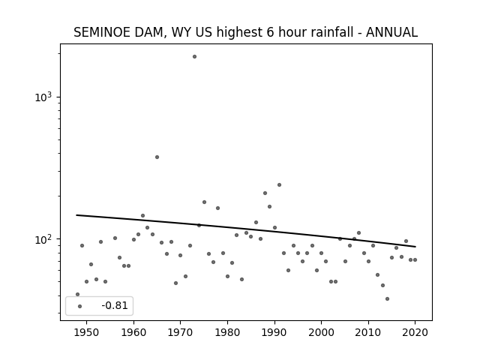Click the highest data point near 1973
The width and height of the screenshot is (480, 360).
point(194,57)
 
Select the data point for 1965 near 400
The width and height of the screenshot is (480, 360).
point(157,157)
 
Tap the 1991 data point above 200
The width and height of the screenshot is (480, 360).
point(279,185)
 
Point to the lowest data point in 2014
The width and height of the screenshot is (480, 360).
point(387,298)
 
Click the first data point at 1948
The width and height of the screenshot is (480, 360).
point(77,294)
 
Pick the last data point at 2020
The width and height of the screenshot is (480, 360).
point(415,260)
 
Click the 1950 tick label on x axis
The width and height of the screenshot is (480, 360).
point(87,332)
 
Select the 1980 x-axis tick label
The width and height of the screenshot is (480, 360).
point(227,332)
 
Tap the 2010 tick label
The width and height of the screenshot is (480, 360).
point(368,332)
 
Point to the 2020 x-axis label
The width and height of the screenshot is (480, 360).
point(415,332)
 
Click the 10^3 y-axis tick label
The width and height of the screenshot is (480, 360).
point(43,97)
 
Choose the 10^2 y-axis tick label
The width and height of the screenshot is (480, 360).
point(43,239)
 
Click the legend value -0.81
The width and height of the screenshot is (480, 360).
point(115,305)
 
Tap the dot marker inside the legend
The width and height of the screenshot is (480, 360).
point(80,306)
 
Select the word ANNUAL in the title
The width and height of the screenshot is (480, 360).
point(391,32)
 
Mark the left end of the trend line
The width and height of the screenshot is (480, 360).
point(76,215)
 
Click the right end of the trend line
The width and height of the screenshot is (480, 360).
point(415,247)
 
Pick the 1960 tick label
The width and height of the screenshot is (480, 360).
point(133,332)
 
